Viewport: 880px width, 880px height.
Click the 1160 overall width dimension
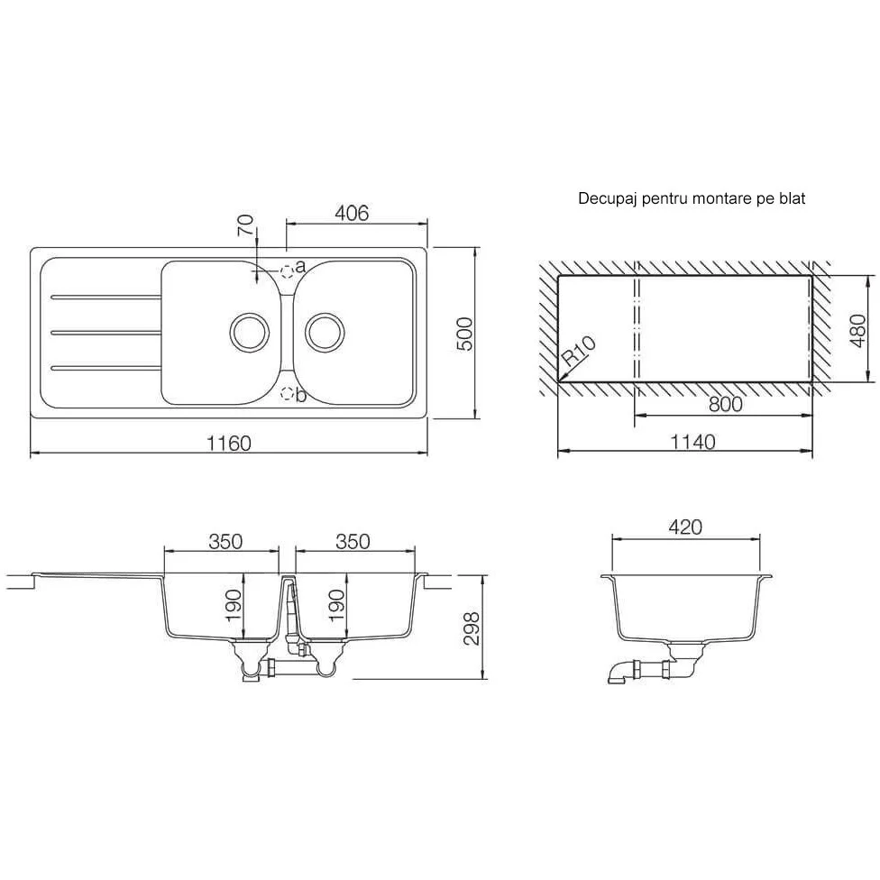click(229, 444)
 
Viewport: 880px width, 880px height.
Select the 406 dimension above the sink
click(352, 214)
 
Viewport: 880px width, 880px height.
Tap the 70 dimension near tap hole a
click(246, 225)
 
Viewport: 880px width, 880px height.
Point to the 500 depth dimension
click(465, 334)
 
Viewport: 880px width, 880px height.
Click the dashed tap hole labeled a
click(287, 271)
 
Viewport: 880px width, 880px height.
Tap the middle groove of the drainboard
click(106, 333)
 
